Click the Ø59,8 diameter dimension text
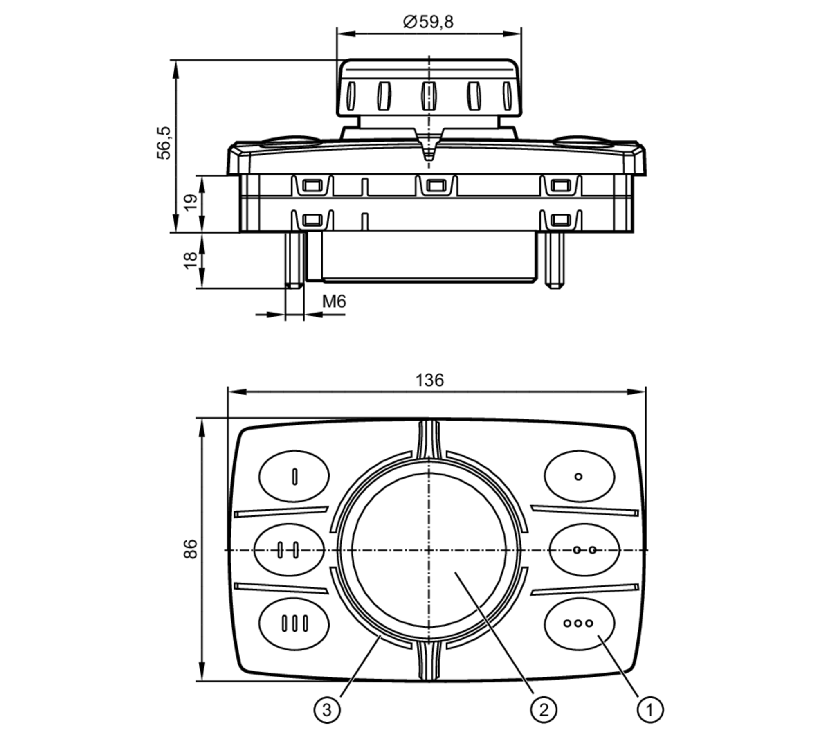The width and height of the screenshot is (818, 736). coord(428,22)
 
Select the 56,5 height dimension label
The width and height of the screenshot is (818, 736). coord(164,143)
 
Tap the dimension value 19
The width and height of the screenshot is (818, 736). coord(191,202)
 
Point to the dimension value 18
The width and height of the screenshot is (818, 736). coord(191,261)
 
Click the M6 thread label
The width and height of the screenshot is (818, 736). coord(334,302)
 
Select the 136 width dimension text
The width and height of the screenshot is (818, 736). coord(429,380)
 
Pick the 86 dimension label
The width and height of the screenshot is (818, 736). coord(190,549)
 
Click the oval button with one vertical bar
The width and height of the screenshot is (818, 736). coord(294,476)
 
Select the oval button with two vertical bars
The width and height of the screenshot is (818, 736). coord(289,550)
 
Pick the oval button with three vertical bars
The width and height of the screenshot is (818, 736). coord(294,623)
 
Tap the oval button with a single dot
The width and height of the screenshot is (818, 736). coord(579,476)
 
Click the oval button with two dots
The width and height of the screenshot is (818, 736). coord(584,550)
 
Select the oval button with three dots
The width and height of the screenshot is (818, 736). coord(579,623)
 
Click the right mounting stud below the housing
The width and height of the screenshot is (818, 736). coord(555,260)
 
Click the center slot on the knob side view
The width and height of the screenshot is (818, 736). coord(428,96)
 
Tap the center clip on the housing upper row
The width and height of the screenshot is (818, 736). coord(436,186)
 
